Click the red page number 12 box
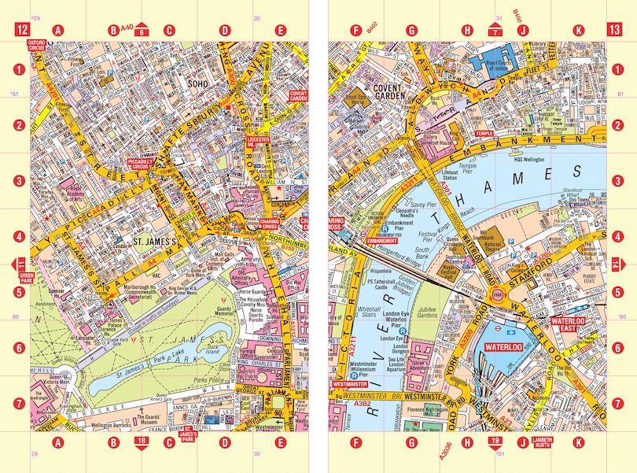point(20,31)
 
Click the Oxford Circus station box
point(38,45)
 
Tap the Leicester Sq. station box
point(258,142)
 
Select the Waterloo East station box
point(569,325)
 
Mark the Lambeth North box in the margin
point(541,442)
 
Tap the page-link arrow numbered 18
point(141,443)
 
